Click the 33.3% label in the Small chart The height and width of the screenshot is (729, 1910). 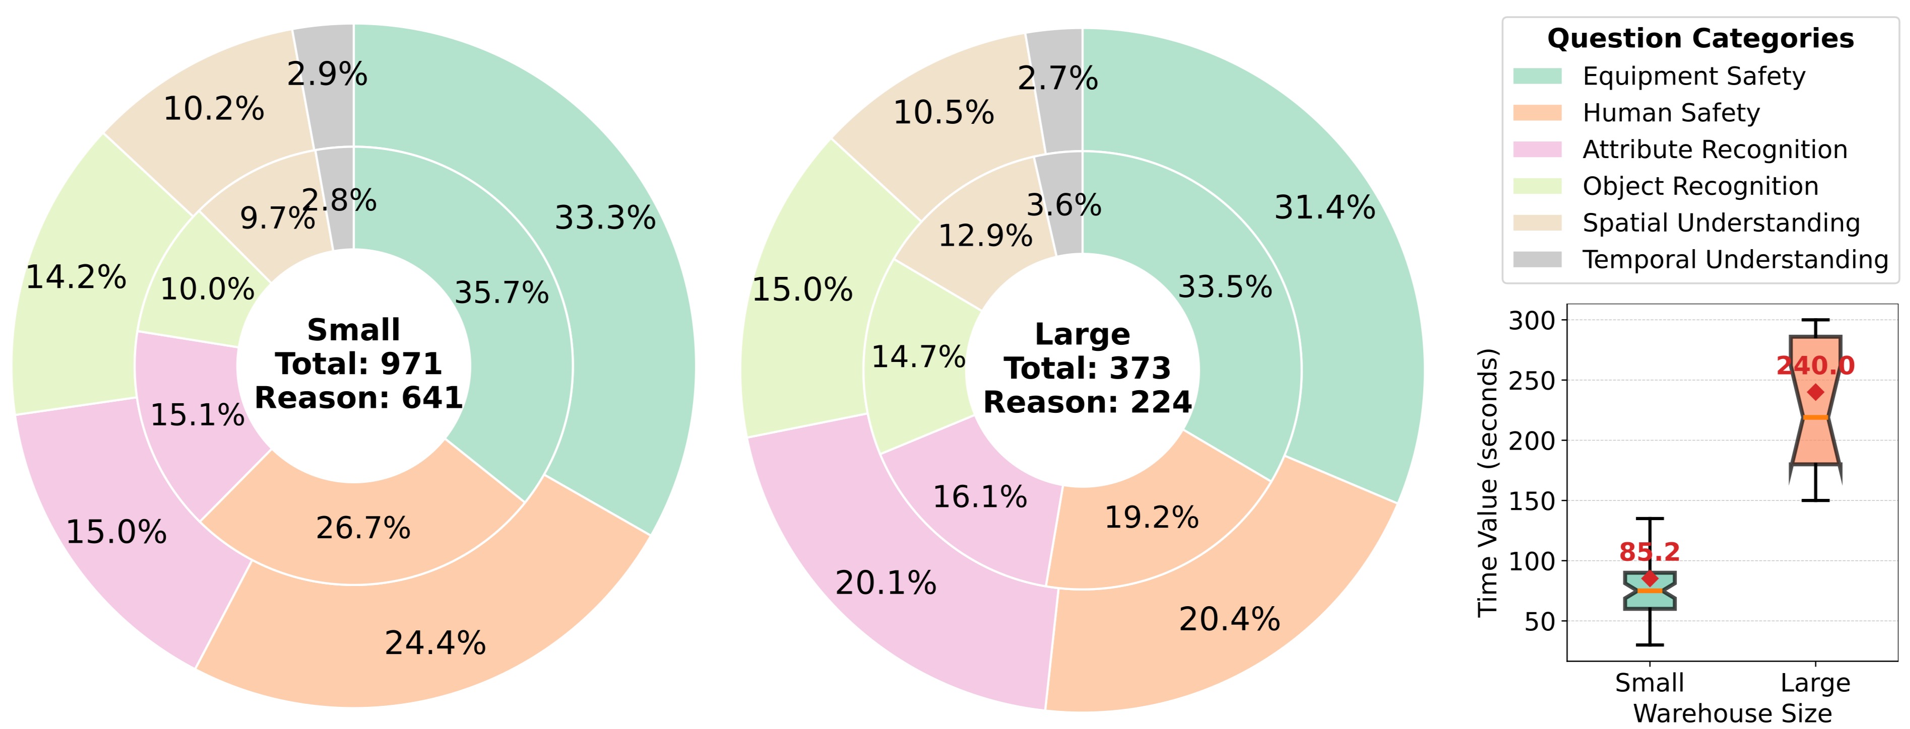[x=605, y=218]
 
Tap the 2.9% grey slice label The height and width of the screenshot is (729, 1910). [x=327, y=74]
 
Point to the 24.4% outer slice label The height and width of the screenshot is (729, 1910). [x=435, y=643]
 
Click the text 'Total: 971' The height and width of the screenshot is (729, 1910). [x=358, y=364]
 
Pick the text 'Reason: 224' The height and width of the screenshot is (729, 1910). [x=1087, y=402]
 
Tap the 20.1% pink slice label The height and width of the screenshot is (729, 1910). [x=885, y=583]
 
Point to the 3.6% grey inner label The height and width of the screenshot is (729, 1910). [x=1063, y=205]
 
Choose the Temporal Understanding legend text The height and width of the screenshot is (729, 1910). [x=1735, y=259]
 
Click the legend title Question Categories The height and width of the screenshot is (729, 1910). [x=1700, y=39]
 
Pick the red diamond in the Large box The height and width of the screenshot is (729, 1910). [x=1815, y=392]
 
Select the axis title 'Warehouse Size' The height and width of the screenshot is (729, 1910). [x=1732, y=713]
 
